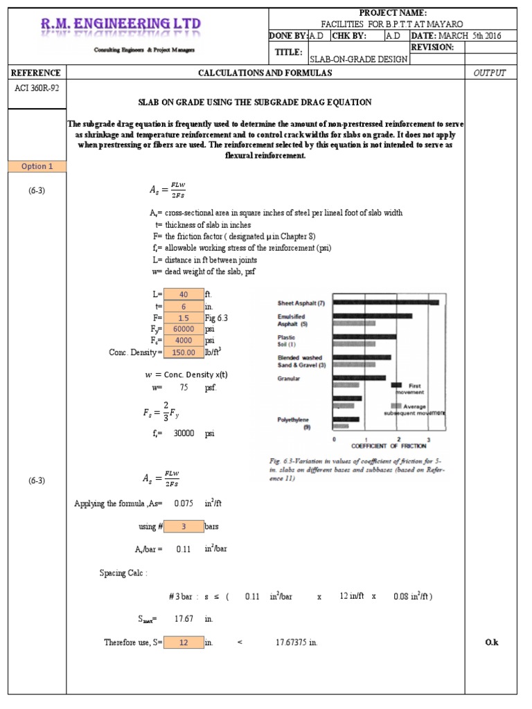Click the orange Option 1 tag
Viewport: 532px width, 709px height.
tap(37, 166)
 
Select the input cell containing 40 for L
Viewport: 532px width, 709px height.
tap(184, 294)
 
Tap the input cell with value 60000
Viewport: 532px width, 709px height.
tap(184, 330)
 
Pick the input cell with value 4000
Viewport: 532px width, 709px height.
tap(184, 341)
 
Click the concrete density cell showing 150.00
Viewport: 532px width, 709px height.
tap(184, 352)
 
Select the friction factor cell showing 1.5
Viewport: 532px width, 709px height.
tap(184, 318)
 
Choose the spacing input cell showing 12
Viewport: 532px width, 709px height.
tap(184, 643)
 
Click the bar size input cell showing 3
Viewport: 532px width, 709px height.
tap(184, 526)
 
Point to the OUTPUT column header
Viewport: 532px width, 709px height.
tap(490, 73)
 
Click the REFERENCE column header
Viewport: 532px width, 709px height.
tap(36, 73)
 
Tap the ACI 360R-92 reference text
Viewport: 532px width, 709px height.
tap(36, 88)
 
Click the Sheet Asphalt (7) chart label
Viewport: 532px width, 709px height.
tap(301, 303)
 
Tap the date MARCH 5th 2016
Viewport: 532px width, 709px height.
tap(474, 35)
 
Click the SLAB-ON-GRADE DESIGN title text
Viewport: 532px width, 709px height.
tap(359, 59)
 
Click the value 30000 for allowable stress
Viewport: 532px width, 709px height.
tap(184, 434)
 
